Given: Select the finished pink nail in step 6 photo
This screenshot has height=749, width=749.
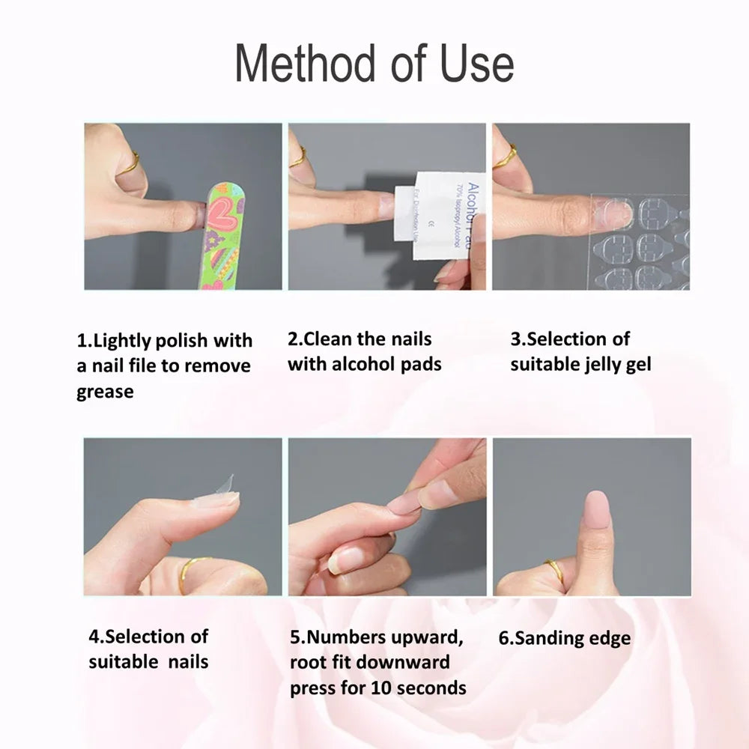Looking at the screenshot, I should click(596, 513).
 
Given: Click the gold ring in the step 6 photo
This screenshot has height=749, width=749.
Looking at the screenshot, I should click(554, 570).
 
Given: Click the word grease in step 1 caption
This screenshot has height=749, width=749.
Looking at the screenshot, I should click(105, 392).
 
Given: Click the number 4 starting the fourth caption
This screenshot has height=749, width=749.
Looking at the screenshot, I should click(94, 637).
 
